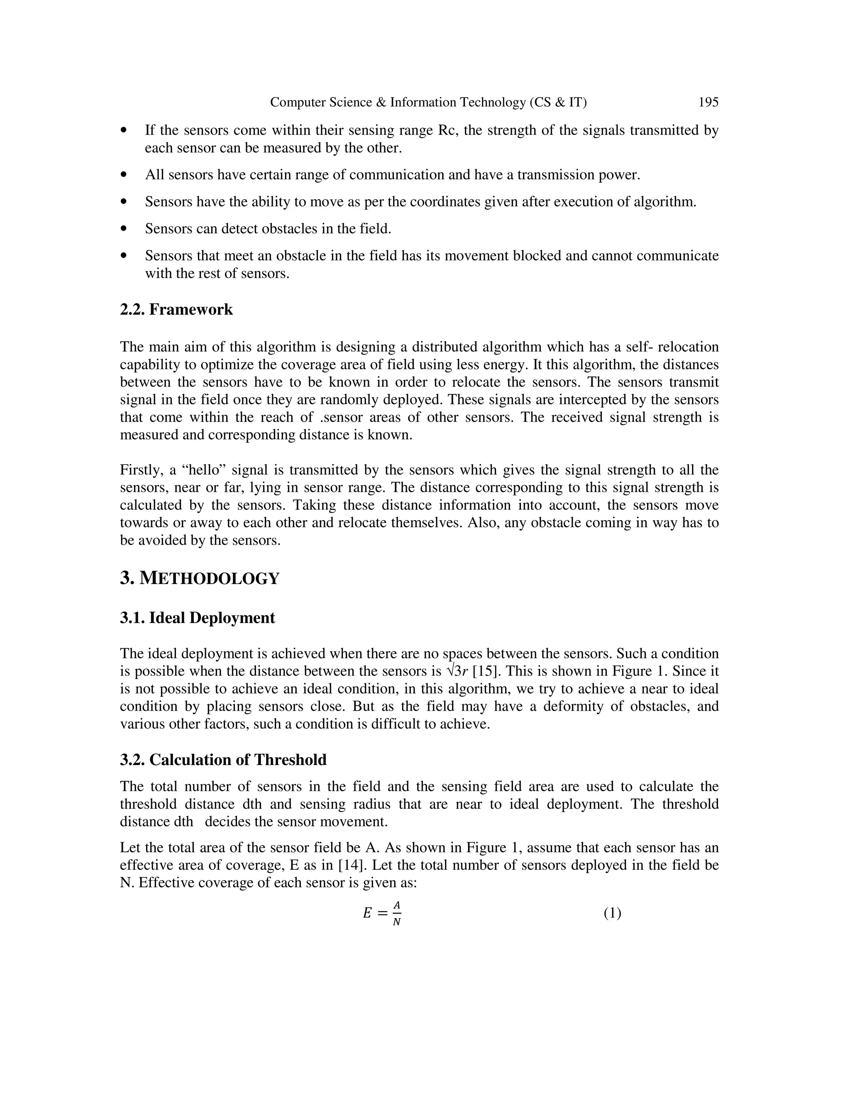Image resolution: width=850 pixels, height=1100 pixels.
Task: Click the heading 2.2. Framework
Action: (176, 309)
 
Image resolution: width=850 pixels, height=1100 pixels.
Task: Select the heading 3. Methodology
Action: (199, 578)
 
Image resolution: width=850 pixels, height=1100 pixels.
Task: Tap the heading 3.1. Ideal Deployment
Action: (198, 618)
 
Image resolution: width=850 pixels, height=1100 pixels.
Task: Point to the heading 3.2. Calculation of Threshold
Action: (223, 760)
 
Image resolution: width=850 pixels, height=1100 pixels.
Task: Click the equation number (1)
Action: (612, 913)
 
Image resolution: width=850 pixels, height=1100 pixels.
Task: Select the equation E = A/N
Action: (382, 913)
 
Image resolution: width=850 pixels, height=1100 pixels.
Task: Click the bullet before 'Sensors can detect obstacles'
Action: (124, 229)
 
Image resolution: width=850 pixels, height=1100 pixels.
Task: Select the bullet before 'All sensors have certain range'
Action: (124, 175)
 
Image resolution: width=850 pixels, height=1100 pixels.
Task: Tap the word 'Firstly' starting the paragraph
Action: (141, 470)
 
